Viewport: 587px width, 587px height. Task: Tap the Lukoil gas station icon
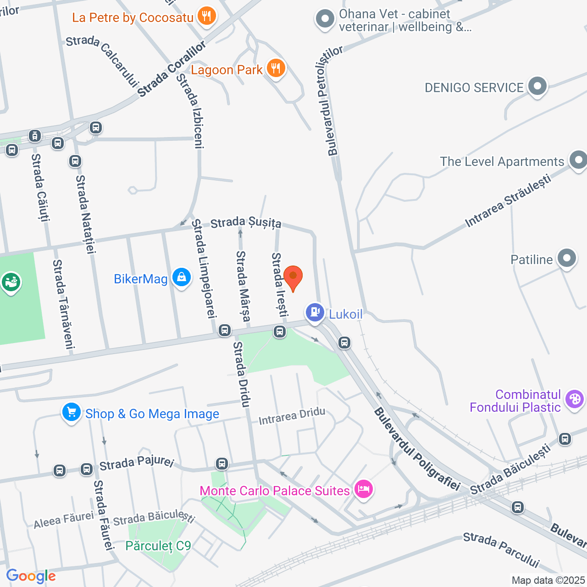pos(315,312)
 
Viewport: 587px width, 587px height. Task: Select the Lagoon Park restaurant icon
pos(276,68)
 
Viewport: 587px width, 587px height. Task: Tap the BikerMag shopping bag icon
pos(182,277)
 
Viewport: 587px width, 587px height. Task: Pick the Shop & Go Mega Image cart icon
pos(72,412)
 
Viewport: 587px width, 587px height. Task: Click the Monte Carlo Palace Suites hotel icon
pos(364,489)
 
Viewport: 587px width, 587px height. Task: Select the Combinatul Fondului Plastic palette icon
pos(574,399)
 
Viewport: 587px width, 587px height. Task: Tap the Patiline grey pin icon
pos(567,258)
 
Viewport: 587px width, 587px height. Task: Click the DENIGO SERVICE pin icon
pos(537,86)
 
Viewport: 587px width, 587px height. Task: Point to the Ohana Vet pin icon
pos(325,19)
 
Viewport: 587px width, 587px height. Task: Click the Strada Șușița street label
pos(246,223)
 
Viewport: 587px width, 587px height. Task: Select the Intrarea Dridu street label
pos(292,416)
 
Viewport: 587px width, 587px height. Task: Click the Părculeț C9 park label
pos(158,546)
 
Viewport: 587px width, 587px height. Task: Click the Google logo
pos(31,576)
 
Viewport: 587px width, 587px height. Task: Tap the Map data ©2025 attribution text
pos(548,581)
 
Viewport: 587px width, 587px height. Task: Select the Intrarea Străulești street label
pos(508,200)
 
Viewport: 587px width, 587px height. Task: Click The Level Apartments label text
pos(502,161)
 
